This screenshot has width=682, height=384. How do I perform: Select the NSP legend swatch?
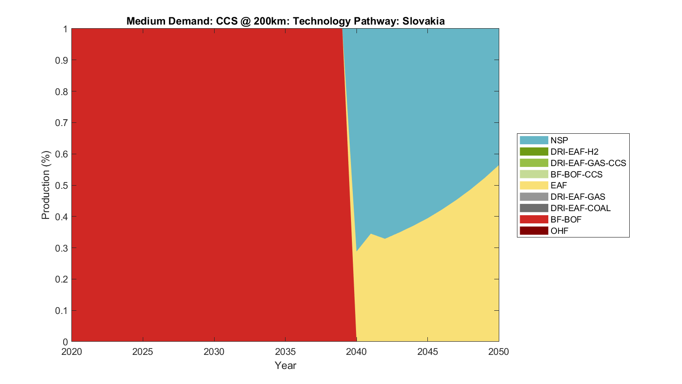534,140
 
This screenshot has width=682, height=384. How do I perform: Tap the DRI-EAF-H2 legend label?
574,152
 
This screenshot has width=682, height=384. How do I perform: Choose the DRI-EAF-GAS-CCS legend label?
588,163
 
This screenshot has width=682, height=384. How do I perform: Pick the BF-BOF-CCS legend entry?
576,174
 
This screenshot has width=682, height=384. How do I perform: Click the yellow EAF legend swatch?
534,185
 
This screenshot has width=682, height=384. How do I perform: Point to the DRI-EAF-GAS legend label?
577,197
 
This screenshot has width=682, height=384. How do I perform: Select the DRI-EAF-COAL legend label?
580,208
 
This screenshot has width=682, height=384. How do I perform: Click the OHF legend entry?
559,231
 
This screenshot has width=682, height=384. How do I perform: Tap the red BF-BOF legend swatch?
534,219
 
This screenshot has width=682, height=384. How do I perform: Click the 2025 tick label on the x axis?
143,352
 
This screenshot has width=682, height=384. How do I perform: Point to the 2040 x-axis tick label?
356,352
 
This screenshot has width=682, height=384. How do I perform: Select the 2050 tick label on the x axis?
499,352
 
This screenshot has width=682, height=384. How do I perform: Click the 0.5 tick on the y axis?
62,185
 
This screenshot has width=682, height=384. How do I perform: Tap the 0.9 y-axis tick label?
62,60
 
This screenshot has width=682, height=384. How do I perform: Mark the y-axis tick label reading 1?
65,29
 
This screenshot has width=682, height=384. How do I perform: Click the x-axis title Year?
285,365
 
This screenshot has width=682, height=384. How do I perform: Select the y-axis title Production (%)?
45,185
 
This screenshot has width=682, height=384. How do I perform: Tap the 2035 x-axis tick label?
285,352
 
